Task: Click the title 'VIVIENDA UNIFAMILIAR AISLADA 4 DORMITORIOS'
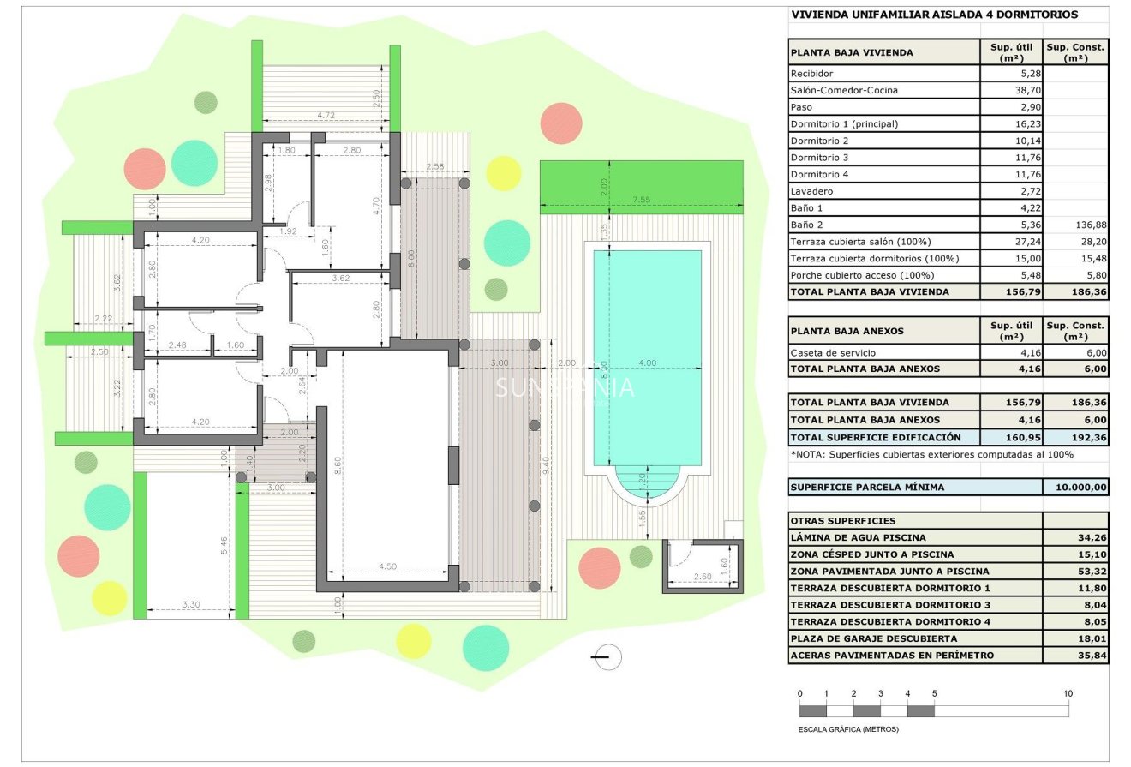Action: [934, 15]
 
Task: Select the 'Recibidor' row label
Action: [811, 74]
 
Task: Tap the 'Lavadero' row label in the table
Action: [811, 191]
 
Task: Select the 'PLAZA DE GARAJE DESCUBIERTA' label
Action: [873, 638]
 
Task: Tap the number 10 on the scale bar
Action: [1067, 693]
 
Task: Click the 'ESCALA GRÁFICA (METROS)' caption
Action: [847, 730]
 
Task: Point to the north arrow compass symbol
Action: [607, 657]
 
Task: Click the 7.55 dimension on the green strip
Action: [641, 200]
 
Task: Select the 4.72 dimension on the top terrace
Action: [326, 115]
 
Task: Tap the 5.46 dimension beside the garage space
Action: [224, 545]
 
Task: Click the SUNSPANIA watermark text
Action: [565, 387]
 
